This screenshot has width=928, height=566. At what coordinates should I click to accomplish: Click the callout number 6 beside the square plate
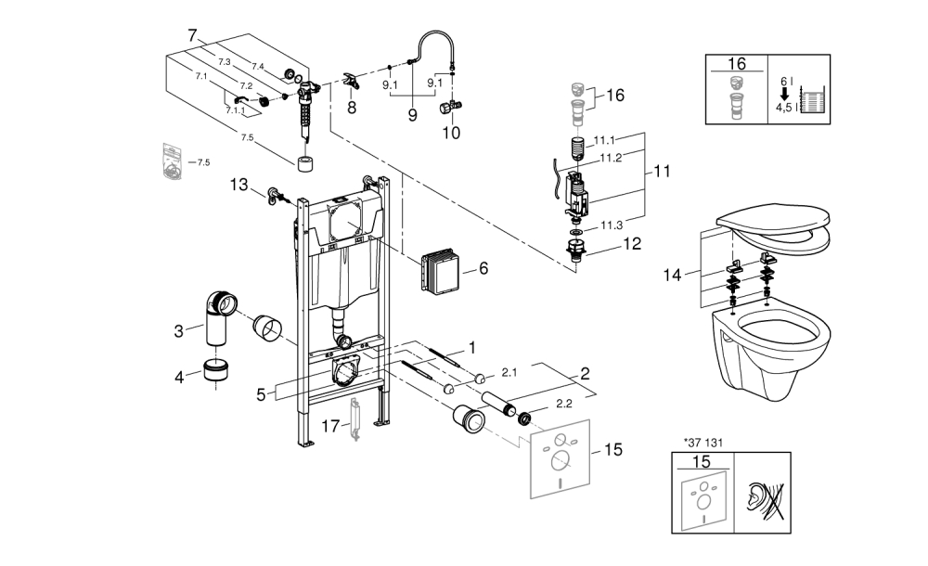pos(483,268)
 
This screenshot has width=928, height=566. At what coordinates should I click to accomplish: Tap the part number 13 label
pos(239,185)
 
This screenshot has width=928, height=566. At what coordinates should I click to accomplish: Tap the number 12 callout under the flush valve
pos(632,245)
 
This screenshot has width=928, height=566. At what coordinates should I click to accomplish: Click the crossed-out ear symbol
pos(762,498)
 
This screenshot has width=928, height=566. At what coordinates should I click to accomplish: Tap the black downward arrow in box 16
pos(784,94)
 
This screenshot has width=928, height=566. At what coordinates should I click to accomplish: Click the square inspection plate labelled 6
pos(440,271)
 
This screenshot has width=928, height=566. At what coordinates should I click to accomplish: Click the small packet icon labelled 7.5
pos(172,161)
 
